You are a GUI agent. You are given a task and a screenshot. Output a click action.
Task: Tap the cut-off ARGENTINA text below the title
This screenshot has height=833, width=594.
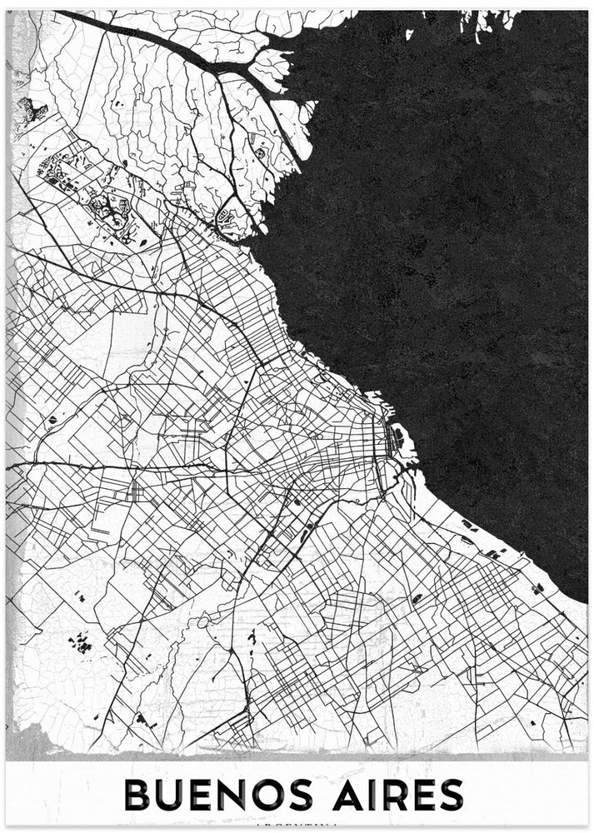pyautogui.click(x=297, y=826)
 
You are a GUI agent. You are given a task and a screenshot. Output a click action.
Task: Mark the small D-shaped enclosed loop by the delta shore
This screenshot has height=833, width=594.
pyautogui.click(x=222, y=218)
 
